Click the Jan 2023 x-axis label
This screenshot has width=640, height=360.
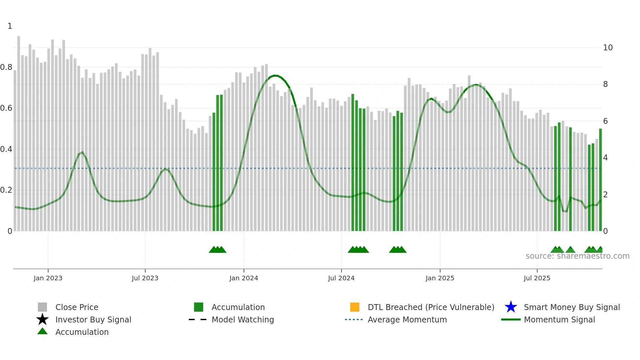point(48,278)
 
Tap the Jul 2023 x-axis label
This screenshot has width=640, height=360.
point(145,278)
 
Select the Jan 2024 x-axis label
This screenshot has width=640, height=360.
point(244,278)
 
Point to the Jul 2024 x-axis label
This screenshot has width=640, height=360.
point(341,278)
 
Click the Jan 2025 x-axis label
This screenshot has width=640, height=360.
point(440,278)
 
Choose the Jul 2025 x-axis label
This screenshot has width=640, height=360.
point(537,278)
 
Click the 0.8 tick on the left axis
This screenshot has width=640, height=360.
point(6,67)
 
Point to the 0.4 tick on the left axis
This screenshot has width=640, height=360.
point(6,149)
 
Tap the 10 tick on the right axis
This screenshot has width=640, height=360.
point(608,48)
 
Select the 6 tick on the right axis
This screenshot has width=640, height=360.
point(605,121)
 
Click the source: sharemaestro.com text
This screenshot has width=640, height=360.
point(577,256)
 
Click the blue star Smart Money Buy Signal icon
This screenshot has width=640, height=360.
point(511,307)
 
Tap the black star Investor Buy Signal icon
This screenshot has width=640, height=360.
point(42,319)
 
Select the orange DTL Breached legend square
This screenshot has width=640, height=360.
point(355,307)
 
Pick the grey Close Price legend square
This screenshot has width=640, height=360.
point(42,307)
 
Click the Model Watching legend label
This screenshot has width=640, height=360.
point(243,319)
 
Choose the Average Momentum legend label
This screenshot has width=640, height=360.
point(407,319)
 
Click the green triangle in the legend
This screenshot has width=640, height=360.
point(42,332)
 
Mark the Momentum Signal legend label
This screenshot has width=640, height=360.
point(559,319)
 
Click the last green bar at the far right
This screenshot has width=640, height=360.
point(600,180)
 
